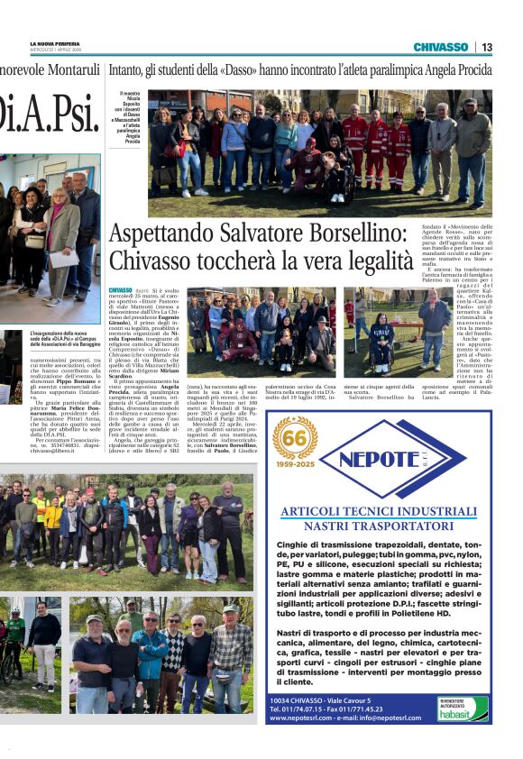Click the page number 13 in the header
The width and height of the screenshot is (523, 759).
pyautogui.click(x=487, y=47)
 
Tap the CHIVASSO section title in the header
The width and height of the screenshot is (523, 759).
pyautogui.click(x=441, y=47)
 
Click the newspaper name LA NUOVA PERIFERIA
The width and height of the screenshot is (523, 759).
pyautogui.click(x=55, y=43)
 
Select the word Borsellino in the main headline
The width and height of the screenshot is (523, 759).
pyautogui.click(x=344, y=234)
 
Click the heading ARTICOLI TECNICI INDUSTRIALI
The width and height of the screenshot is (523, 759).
pyautogui.click(x=378, y=511)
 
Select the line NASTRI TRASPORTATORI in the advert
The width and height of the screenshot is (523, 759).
pyautogui.click(x=378, y=525)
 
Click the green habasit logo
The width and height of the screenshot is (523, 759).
pyautogui.click(x=463, y=712)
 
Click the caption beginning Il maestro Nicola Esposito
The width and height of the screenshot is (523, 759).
pyautogui.click(x=132, y=117)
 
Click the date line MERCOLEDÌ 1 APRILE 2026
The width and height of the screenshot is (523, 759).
pyautogui.click(x=53, y=50)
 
